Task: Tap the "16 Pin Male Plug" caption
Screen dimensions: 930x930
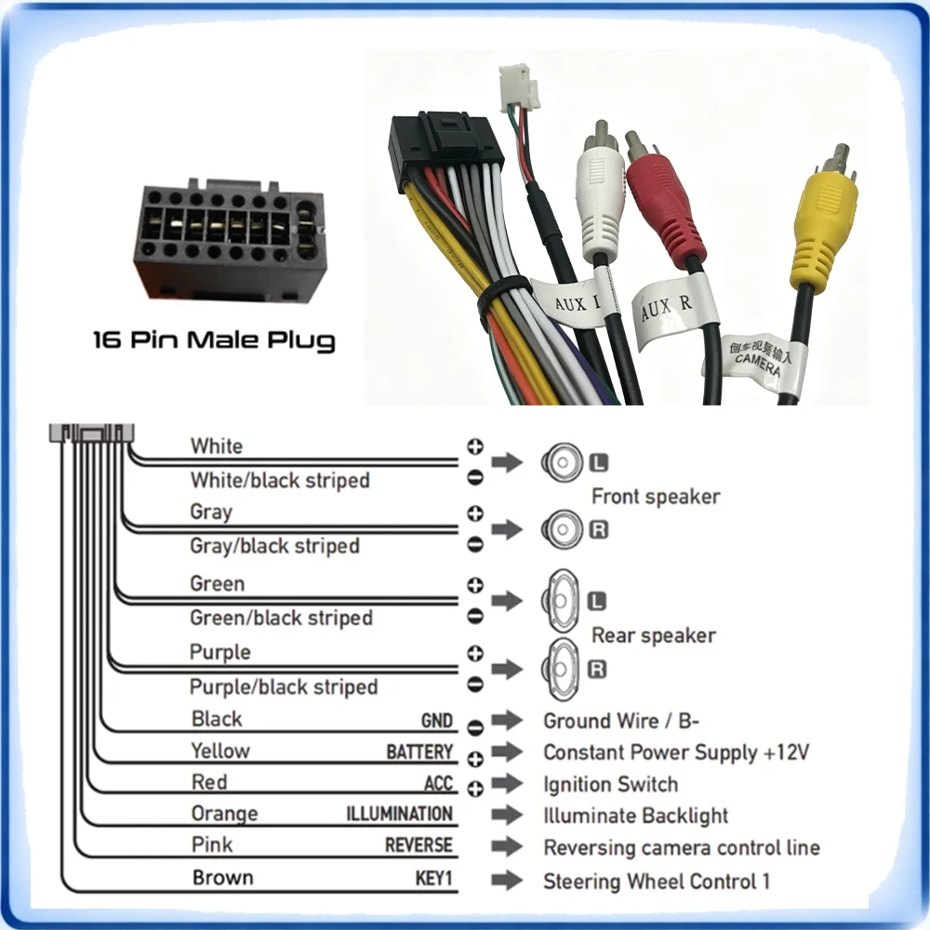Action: (214, 341)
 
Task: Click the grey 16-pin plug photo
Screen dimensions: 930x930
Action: (230, 240)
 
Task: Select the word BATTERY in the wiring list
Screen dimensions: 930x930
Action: (419, 751)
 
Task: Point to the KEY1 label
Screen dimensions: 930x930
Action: (433, 877)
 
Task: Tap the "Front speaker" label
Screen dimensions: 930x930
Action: (656, 497)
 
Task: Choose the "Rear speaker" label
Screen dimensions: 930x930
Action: (654, 635)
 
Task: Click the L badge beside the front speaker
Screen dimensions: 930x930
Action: (598, 462)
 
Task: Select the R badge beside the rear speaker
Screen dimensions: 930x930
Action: (597, 669)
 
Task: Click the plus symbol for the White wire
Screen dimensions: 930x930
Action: (475, 446)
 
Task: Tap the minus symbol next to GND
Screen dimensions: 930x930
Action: (475, 727)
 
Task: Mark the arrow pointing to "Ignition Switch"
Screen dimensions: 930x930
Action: (507, 783)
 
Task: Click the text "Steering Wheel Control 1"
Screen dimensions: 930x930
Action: (657, 882)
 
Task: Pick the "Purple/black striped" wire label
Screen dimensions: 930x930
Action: (284, 687)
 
